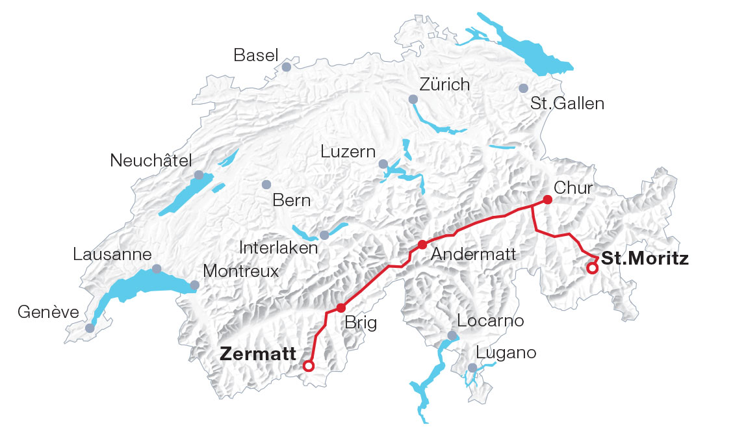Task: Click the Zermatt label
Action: [x=258, y=354]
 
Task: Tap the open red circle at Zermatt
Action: [x=309, y=366]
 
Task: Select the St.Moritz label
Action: [x=645, y=258]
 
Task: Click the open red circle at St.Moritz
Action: [x=592, y=268]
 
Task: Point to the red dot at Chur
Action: [x=547, y=200]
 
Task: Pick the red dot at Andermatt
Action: [x=422, y=244]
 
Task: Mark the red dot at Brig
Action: [x=340, y=308]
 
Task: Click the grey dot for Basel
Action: [x=286, y=66]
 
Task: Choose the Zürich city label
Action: [x=444, y=85]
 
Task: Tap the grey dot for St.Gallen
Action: [x=523, y=88]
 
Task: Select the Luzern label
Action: [x=348, y=151]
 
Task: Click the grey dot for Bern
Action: [x=266, y=185]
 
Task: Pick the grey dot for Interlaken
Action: [x=324, y=235]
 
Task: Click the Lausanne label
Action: [x=112, y=255]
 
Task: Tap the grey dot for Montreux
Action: [x=194, y=285]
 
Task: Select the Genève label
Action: [x=48, y=313]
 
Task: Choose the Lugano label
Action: [x=506, y=353]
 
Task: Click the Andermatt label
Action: [x=474, y=255]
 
